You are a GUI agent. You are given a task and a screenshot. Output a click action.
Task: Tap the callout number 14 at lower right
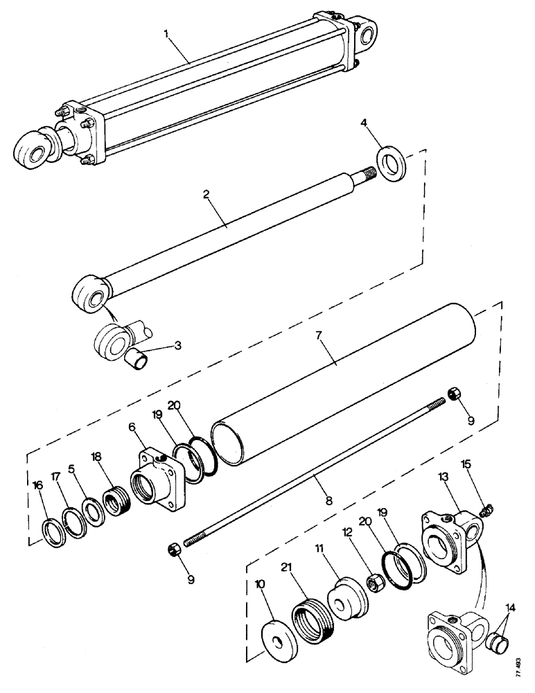(511, 606)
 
